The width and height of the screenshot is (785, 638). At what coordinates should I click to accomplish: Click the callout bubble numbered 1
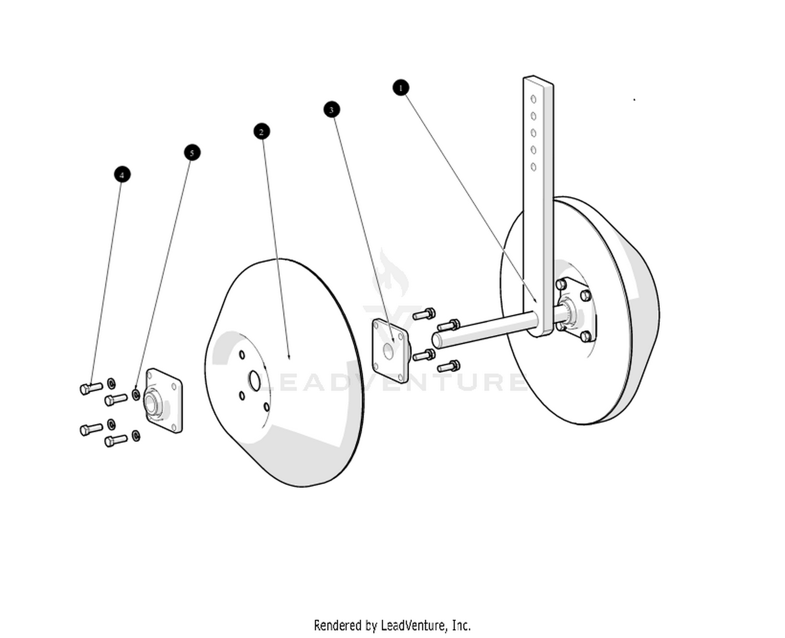[x=400, y=87]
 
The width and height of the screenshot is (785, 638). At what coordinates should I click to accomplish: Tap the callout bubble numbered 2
[x=262, y=131]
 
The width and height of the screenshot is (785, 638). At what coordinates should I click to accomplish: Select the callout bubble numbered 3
[x=331, y=109]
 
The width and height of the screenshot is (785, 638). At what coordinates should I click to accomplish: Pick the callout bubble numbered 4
[x=122, y=174]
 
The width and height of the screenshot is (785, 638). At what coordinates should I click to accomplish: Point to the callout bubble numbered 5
[x=192, y=153]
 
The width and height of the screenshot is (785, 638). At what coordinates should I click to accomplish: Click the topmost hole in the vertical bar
[x=533, y=98]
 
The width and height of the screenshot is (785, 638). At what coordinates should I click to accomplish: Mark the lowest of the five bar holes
[x=533, y=167]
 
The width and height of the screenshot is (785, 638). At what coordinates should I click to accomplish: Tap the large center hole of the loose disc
[x=254, y=381]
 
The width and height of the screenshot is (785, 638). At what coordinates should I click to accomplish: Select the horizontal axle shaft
[x=481, y=329]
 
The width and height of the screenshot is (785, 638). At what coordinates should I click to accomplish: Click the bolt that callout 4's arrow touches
[x=91, y=388]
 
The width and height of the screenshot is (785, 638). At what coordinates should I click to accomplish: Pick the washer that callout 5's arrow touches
[x=136, y=394]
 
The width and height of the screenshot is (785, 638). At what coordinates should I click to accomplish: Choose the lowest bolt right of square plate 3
[x=449, y=366]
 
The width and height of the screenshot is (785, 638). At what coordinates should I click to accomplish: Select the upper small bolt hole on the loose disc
[x=242, y=355]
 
